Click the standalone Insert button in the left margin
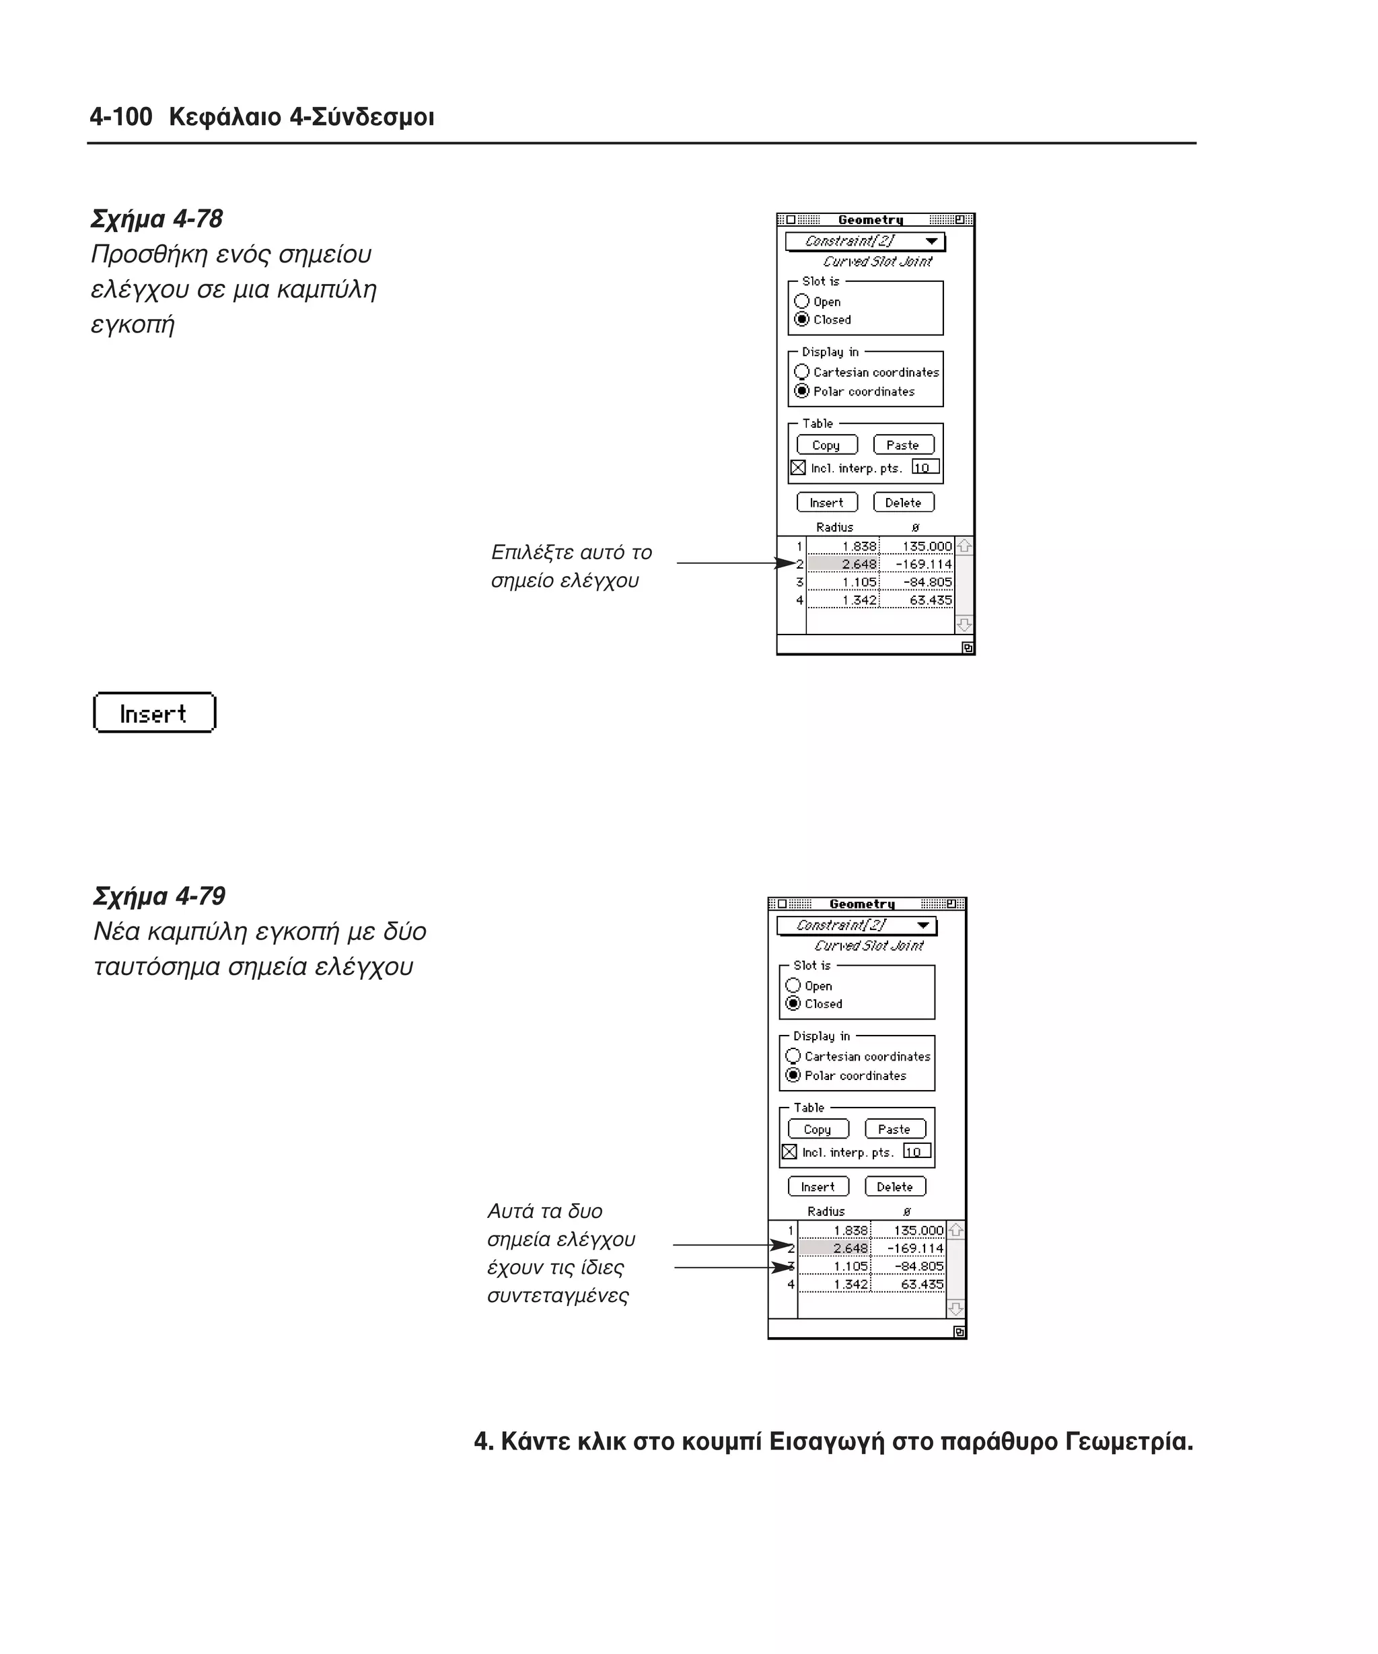154,713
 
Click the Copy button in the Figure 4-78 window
826,445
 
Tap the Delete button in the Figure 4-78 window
903,503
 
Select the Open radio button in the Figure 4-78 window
801,301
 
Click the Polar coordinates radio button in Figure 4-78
801,392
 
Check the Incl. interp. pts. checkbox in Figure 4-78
797,468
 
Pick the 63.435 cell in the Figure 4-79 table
910,1285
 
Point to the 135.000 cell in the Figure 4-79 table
910,1230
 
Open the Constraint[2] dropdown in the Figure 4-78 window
865,241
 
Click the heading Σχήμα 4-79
160,896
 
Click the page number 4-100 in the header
120,117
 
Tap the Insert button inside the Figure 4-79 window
818,1187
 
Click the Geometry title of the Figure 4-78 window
870,220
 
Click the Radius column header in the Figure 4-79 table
826,1211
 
